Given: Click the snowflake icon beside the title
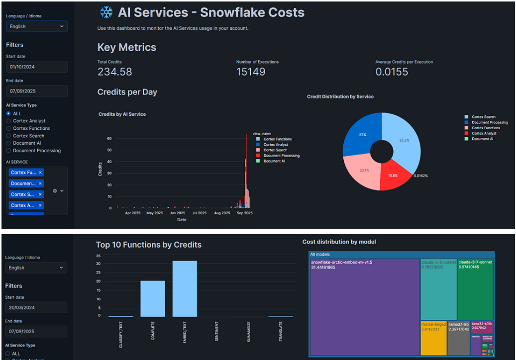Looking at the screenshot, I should [x=106, y=12].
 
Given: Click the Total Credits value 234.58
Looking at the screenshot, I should [x=115, y=72].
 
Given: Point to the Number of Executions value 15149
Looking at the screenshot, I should [x=251, y=72].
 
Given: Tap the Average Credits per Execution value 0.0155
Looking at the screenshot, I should [x=392, y=72].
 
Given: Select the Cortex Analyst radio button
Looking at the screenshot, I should [x=8, y=121].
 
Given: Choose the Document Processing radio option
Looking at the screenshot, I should [x=8, y=151].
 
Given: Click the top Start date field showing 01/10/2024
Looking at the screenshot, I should [x=37, y=67].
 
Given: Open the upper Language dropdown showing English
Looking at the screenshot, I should [x=37, y=26].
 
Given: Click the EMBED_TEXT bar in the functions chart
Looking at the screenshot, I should [x=185, y=288].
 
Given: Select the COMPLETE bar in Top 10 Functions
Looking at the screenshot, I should [x=152, y=298].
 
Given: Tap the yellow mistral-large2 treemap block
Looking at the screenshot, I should [x=433, y=338].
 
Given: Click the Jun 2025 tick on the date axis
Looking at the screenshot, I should [x=177, y=213].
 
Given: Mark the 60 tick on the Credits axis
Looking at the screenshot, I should [x=109, y=138].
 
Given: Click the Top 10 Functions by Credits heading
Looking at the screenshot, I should [x=149, y=245].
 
